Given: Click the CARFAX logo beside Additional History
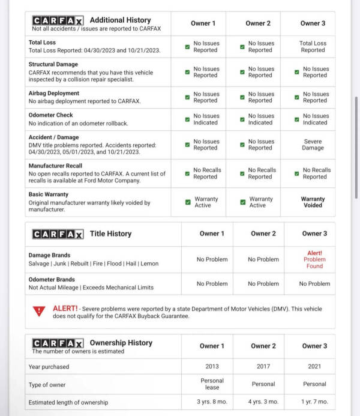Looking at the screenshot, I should click(x=58, y=20).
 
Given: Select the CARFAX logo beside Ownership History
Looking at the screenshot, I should click(x=58, y=343).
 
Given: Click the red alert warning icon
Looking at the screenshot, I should click(x=39, y=310).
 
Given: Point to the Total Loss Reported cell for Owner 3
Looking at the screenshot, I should click(x=313, y=47).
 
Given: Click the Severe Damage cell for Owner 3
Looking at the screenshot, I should click(x=313, y=145).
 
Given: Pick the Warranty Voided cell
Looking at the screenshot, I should click(x=313, y=202).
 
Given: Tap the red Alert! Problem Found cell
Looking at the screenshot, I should click(x=314, y=259).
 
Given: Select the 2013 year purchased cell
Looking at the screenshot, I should click(x=211, y=366).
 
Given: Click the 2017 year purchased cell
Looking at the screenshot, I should click(x=263, y=366).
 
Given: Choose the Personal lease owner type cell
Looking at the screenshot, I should click(x=211, y=384).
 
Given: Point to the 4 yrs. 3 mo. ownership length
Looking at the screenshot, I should click(x=263, y=402).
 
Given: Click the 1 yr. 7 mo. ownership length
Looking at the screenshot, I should click(x=314, y=402).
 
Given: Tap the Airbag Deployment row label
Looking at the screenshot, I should click(x=54, y=94).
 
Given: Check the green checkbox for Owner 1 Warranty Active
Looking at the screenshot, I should click(x=188, y=202).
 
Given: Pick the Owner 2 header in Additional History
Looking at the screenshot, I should click(x=258, y=23).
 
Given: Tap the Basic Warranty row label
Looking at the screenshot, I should click(x=49, y=194).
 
